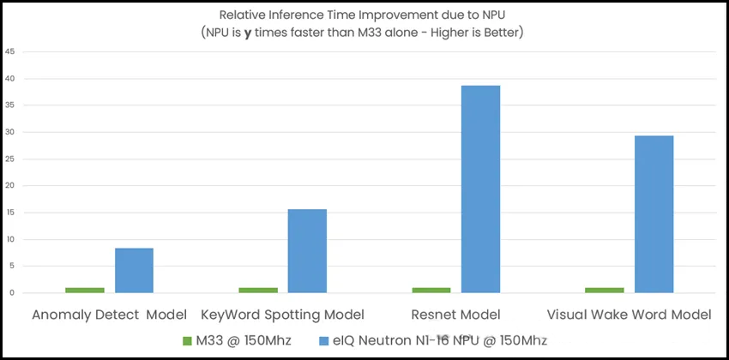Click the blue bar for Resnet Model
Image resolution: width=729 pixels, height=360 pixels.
pyautogui.click(x=481, y=189)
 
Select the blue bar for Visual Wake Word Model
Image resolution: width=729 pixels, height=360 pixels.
pyautogui.click(x=654, y=214)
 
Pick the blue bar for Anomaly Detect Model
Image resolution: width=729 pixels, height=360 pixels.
pyautogui.click(x=134, y=270)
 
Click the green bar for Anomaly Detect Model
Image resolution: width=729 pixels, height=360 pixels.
pyautogui.click(x=85, y=290)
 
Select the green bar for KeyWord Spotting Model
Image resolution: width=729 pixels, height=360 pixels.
pyautogui.click(x=258, y=290)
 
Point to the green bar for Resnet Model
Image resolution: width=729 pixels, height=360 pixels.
pyautogui.click(x=432, y=290)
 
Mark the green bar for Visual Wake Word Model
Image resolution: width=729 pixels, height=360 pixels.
pyautogui.click(x=605, y=290)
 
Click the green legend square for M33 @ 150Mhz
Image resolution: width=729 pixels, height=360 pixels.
pyautogui.click(x=188, y=340)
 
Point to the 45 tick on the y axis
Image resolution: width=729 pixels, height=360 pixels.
pyautogui.click(x=9, y=51)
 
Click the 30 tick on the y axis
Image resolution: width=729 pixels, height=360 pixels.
pyautogui.click(x=9, y=132)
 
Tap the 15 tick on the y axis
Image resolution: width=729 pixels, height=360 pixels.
pyautogui.click(x=9, y=213)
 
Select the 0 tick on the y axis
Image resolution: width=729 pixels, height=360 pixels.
pyautogui.click(x=11, y=292)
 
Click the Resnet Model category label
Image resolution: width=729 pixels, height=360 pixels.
pyautogui.click(x=456, y=315)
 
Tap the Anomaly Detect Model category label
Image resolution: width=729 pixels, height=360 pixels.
pyautogui.click(x=109, y=315)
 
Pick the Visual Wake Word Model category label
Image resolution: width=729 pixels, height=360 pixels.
pyautogui.click(x=629, y=315)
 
